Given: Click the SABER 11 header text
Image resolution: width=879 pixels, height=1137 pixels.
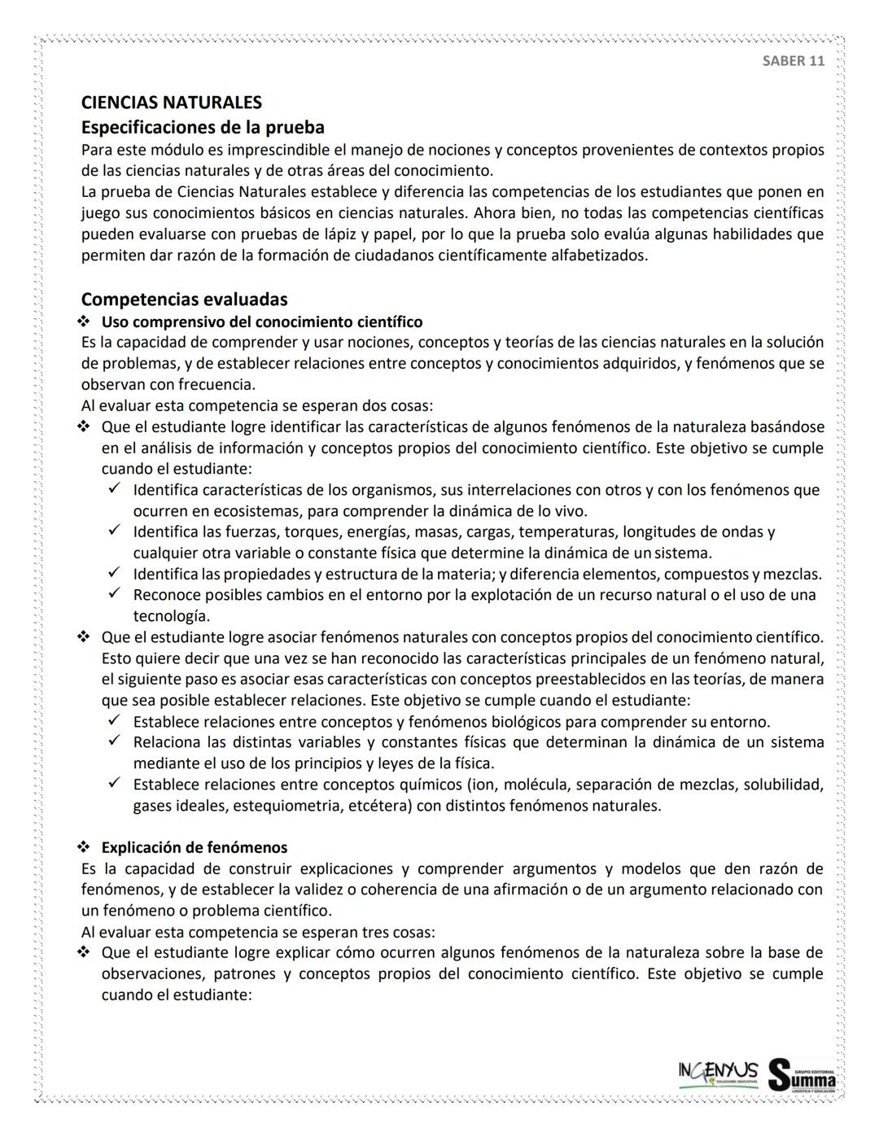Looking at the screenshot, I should [x=793, y=61].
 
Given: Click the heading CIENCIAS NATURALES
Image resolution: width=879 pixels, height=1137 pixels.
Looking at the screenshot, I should [x=171, y=103].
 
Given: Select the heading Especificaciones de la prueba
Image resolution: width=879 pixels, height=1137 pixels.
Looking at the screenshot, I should [x=203, y=127].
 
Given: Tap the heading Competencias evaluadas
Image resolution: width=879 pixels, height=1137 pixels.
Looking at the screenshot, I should [x=184, y=299].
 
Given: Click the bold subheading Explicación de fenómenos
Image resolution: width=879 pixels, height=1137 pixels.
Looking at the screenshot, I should [x=194, y=847].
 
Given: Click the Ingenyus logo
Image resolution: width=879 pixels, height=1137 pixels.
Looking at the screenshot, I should [x=717, y=1072].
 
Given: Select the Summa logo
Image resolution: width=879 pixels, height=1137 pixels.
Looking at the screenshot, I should [x=802, y=1074].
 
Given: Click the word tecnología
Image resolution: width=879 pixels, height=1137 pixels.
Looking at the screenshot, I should [x=171, y=615].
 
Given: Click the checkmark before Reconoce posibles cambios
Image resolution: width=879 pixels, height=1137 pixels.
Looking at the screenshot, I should [x=115, y=594].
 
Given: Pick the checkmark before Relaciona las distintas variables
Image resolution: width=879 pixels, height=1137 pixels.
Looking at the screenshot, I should [x=115, y=742].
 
